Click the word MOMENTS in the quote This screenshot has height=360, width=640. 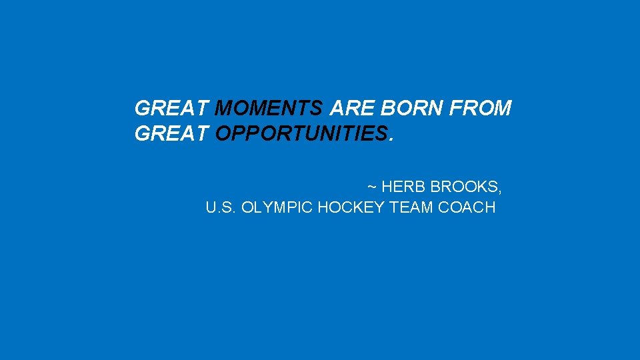point(270,108)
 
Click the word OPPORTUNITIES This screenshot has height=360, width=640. point(301,134)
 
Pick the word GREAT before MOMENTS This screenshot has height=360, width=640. point(172,108)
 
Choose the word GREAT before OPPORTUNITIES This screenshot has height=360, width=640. point(172,134)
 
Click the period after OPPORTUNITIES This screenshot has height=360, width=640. point(391,139)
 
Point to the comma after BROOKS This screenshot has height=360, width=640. point(500,189)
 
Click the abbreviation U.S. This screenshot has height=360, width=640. point(221,207)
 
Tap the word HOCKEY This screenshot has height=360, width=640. point(351,207)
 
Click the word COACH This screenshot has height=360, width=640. point(467,207)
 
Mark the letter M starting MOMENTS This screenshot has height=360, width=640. point(225,108)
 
